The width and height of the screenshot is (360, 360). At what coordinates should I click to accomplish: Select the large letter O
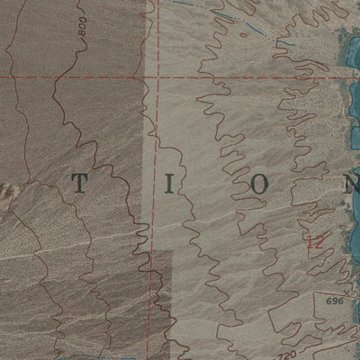pos(259,184)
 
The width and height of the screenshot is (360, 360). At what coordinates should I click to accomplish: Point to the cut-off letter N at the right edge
pos(352,184)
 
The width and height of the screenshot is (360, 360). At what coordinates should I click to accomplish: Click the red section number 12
pos(314,241)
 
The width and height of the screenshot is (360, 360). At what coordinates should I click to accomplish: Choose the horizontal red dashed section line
pos(72,77)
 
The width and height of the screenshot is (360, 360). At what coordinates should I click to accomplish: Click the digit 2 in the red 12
pos(318,241)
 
